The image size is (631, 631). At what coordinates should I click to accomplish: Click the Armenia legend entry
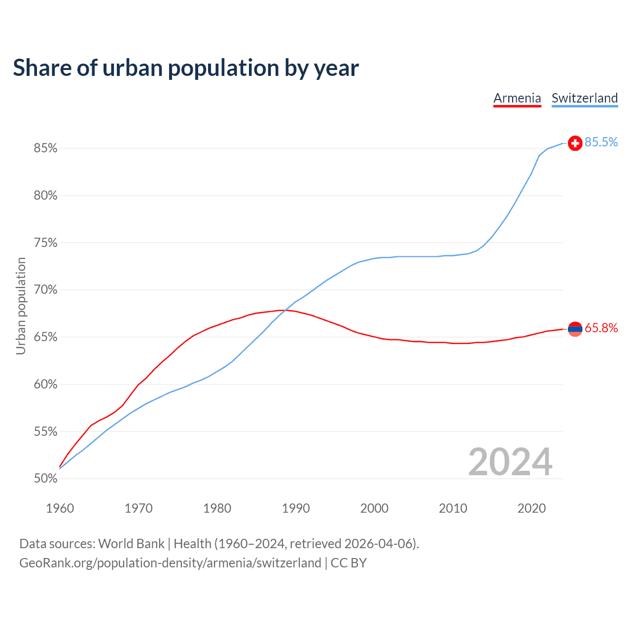coord(517,98)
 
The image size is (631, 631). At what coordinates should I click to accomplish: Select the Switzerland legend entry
coord(584,98)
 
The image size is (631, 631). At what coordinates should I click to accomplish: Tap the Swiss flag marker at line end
coord(575,143)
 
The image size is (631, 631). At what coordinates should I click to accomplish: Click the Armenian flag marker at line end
coord(575,328)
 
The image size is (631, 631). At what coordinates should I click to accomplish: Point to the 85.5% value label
coord(601,142)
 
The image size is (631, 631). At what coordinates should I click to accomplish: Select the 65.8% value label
coord(601,328)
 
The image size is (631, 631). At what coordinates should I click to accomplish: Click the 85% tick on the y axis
coord(45,148)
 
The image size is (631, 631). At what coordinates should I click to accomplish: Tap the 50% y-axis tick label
coord(45,479)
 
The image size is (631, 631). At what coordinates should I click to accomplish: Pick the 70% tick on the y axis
coord(45,290)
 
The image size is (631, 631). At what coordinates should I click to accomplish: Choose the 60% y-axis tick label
coord(45,385)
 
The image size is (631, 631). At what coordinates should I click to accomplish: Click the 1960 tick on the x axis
coord(60,508)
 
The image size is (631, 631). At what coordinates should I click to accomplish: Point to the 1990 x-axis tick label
coord(296,508)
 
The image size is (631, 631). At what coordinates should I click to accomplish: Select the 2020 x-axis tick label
coord(531,508)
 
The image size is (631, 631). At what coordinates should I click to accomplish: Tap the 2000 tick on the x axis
coord(374,508)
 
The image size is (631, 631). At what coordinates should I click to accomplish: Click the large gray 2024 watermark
coord(510,462)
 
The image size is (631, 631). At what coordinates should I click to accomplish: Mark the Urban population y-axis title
coord(21,306)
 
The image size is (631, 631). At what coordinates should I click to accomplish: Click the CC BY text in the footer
coord(349,563)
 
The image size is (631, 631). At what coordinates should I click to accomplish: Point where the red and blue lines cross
coord(285,311)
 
